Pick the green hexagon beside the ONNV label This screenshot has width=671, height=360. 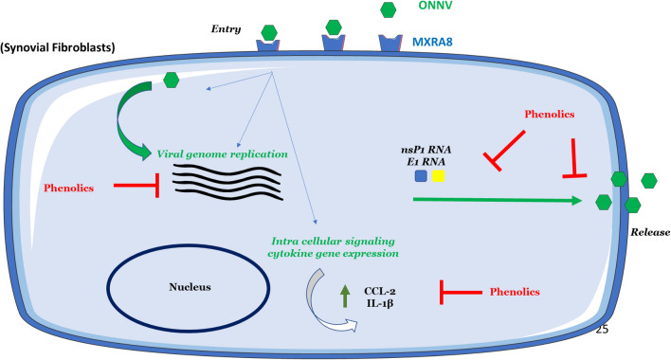pos(389,10)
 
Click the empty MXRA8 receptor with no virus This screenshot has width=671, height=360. pos(391,44)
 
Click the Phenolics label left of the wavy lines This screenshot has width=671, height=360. pos(69,188)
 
